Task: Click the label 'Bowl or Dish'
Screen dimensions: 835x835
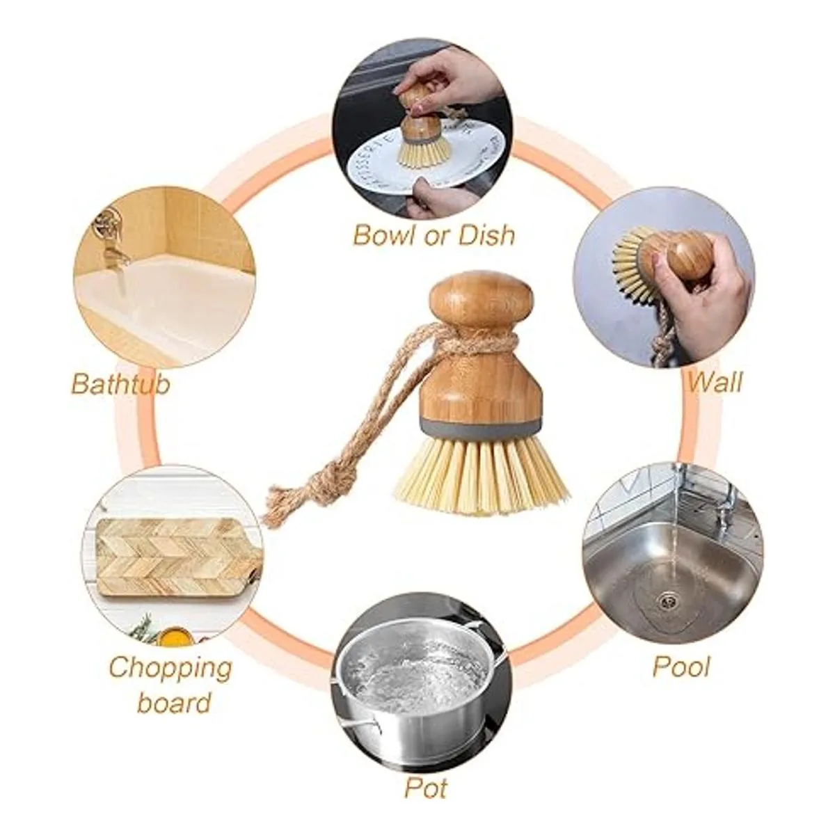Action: point(434,234)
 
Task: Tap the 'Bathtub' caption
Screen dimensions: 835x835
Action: point(120,384)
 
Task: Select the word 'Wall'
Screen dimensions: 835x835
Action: point(715,381)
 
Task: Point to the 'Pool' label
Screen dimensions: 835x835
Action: point(681,666)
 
